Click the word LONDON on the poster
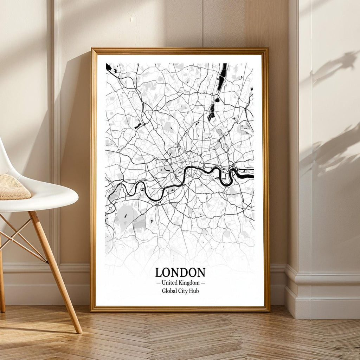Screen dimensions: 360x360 pyautogui.click(x=180, y=273)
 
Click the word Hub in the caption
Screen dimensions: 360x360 pyautogui.click(x=194, y=291)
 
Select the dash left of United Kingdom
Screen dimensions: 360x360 pyautogui.click(x=158, y=283)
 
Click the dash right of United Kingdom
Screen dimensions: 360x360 pyautogui.click(x=202, y=283)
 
